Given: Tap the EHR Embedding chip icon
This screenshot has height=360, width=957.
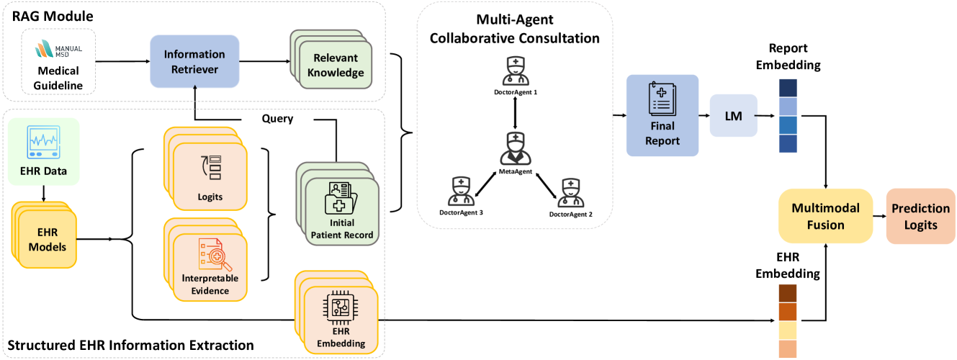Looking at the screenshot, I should point(341,308).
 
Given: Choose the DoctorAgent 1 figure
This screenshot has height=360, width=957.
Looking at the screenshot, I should point(515,70).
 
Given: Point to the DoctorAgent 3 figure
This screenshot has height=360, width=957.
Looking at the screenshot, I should point(459,191).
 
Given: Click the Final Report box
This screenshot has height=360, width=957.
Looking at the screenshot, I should point(662,114).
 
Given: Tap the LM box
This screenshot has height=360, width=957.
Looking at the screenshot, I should point(734,115).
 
